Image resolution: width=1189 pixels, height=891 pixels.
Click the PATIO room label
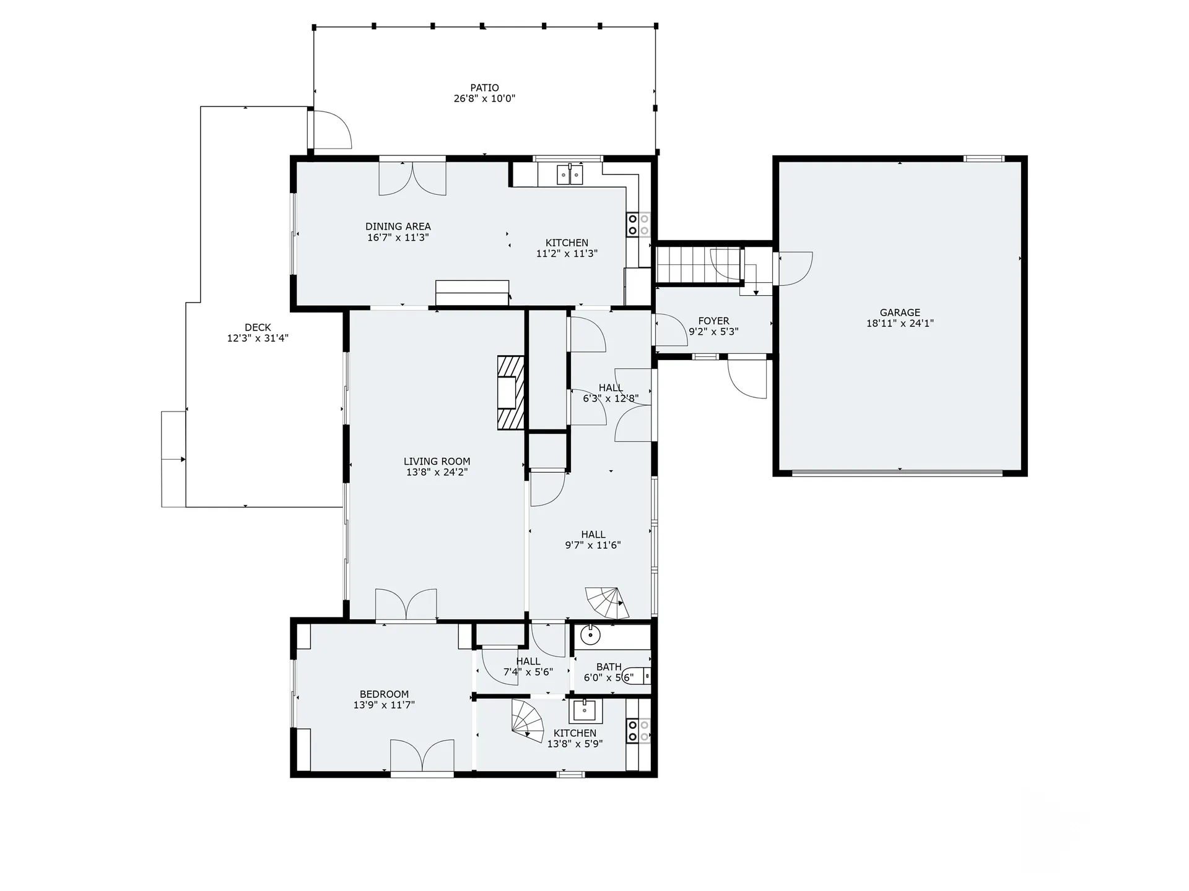[484, 88]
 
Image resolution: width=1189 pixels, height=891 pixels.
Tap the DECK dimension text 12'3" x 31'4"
[258, 338]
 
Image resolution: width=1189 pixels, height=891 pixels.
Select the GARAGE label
[900, 312]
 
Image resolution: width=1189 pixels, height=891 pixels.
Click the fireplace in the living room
[510, 392]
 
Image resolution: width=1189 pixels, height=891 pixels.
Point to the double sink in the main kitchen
[570, 175]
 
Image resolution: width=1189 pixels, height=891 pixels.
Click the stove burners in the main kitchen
[638, 225]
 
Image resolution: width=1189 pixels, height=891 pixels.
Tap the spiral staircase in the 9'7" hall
[606, 603]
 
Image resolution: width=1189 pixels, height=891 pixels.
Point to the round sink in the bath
[591, 634]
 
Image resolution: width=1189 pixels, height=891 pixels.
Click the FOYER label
[713, 321]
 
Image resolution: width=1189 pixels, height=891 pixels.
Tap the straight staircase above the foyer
[699, 264]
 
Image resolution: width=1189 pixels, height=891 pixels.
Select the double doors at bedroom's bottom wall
[422, 756]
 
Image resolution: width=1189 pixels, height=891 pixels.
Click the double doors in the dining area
[412, 178]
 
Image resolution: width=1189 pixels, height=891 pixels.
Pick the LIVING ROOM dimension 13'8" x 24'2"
[437, 472]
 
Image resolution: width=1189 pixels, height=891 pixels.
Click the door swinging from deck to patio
[331, 130]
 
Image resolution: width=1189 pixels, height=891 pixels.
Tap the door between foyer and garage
[795, 268]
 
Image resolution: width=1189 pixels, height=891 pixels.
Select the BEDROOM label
[384, 694]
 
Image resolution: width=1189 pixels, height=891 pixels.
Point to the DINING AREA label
[398, 226]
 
